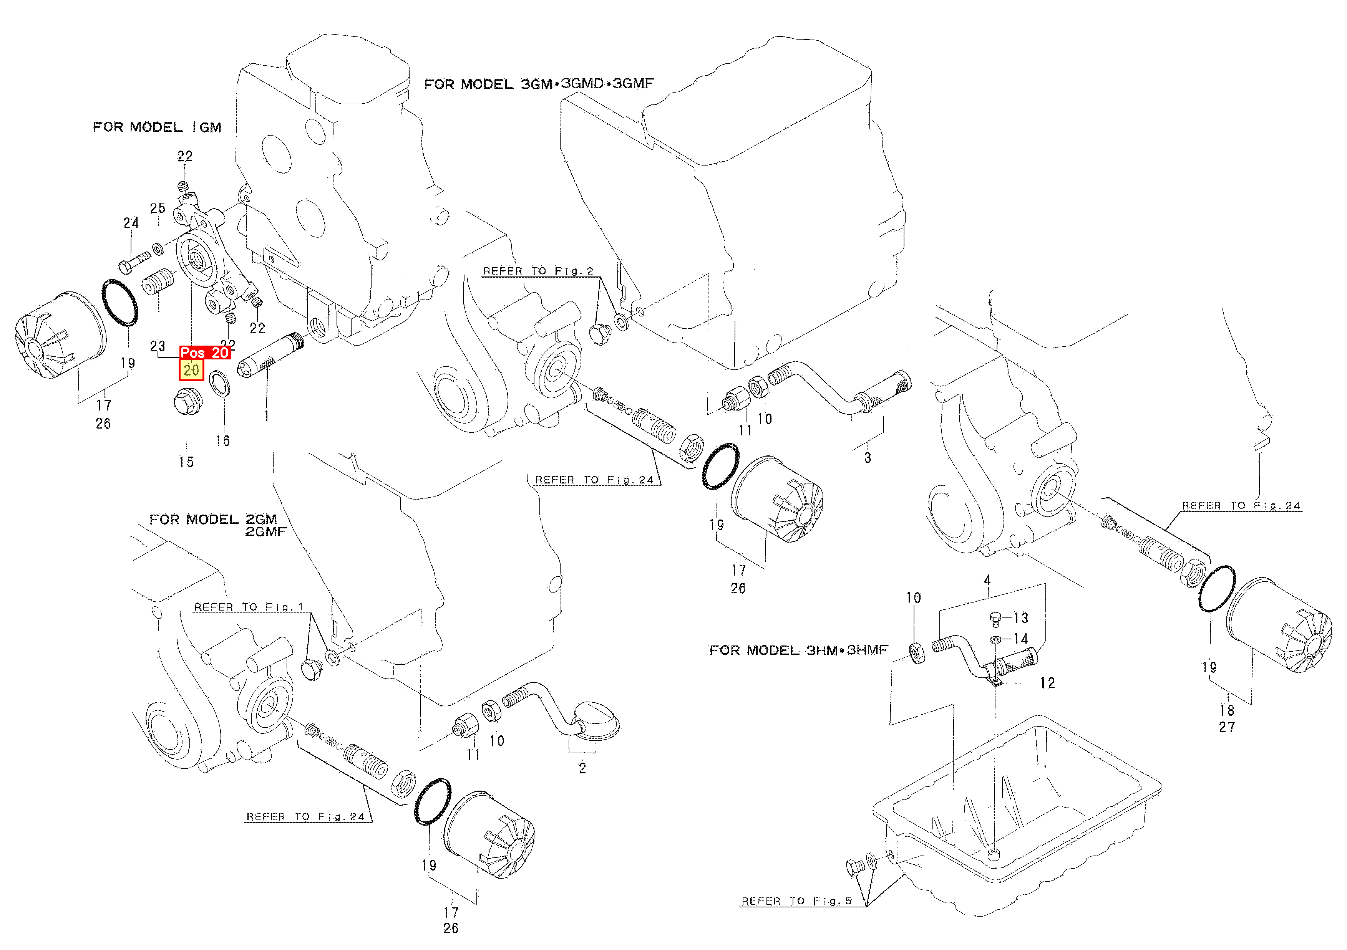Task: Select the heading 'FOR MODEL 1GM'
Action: pyautogui.click(x=157, y=127)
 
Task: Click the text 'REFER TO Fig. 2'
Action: pyautogui.click(x=537, y=271)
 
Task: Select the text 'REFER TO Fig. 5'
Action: pyautogui.click(x=796, y=901)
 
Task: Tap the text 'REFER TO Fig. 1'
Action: pyautogui.click(x=248, y=607)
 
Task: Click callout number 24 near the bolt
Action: pyautogui.click(x=131, y=223)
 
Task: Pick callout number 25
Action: pyautogui.click(x=157, y=208)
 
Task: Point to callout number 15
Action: pyautogui.click(x=186, y=462)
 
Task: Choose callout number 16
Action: pyautogui.click(x=222, y=440)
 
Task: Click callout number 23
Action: pyautogui.click(x=157, y=346)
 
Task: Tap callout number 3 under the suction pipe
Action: pyautogui.click(x=867, y=457)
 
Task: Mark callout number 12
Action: pyautogui.click(x=1047, y=683)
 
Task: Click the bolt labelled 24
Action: pyautogui.click(x=134, y=262)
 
